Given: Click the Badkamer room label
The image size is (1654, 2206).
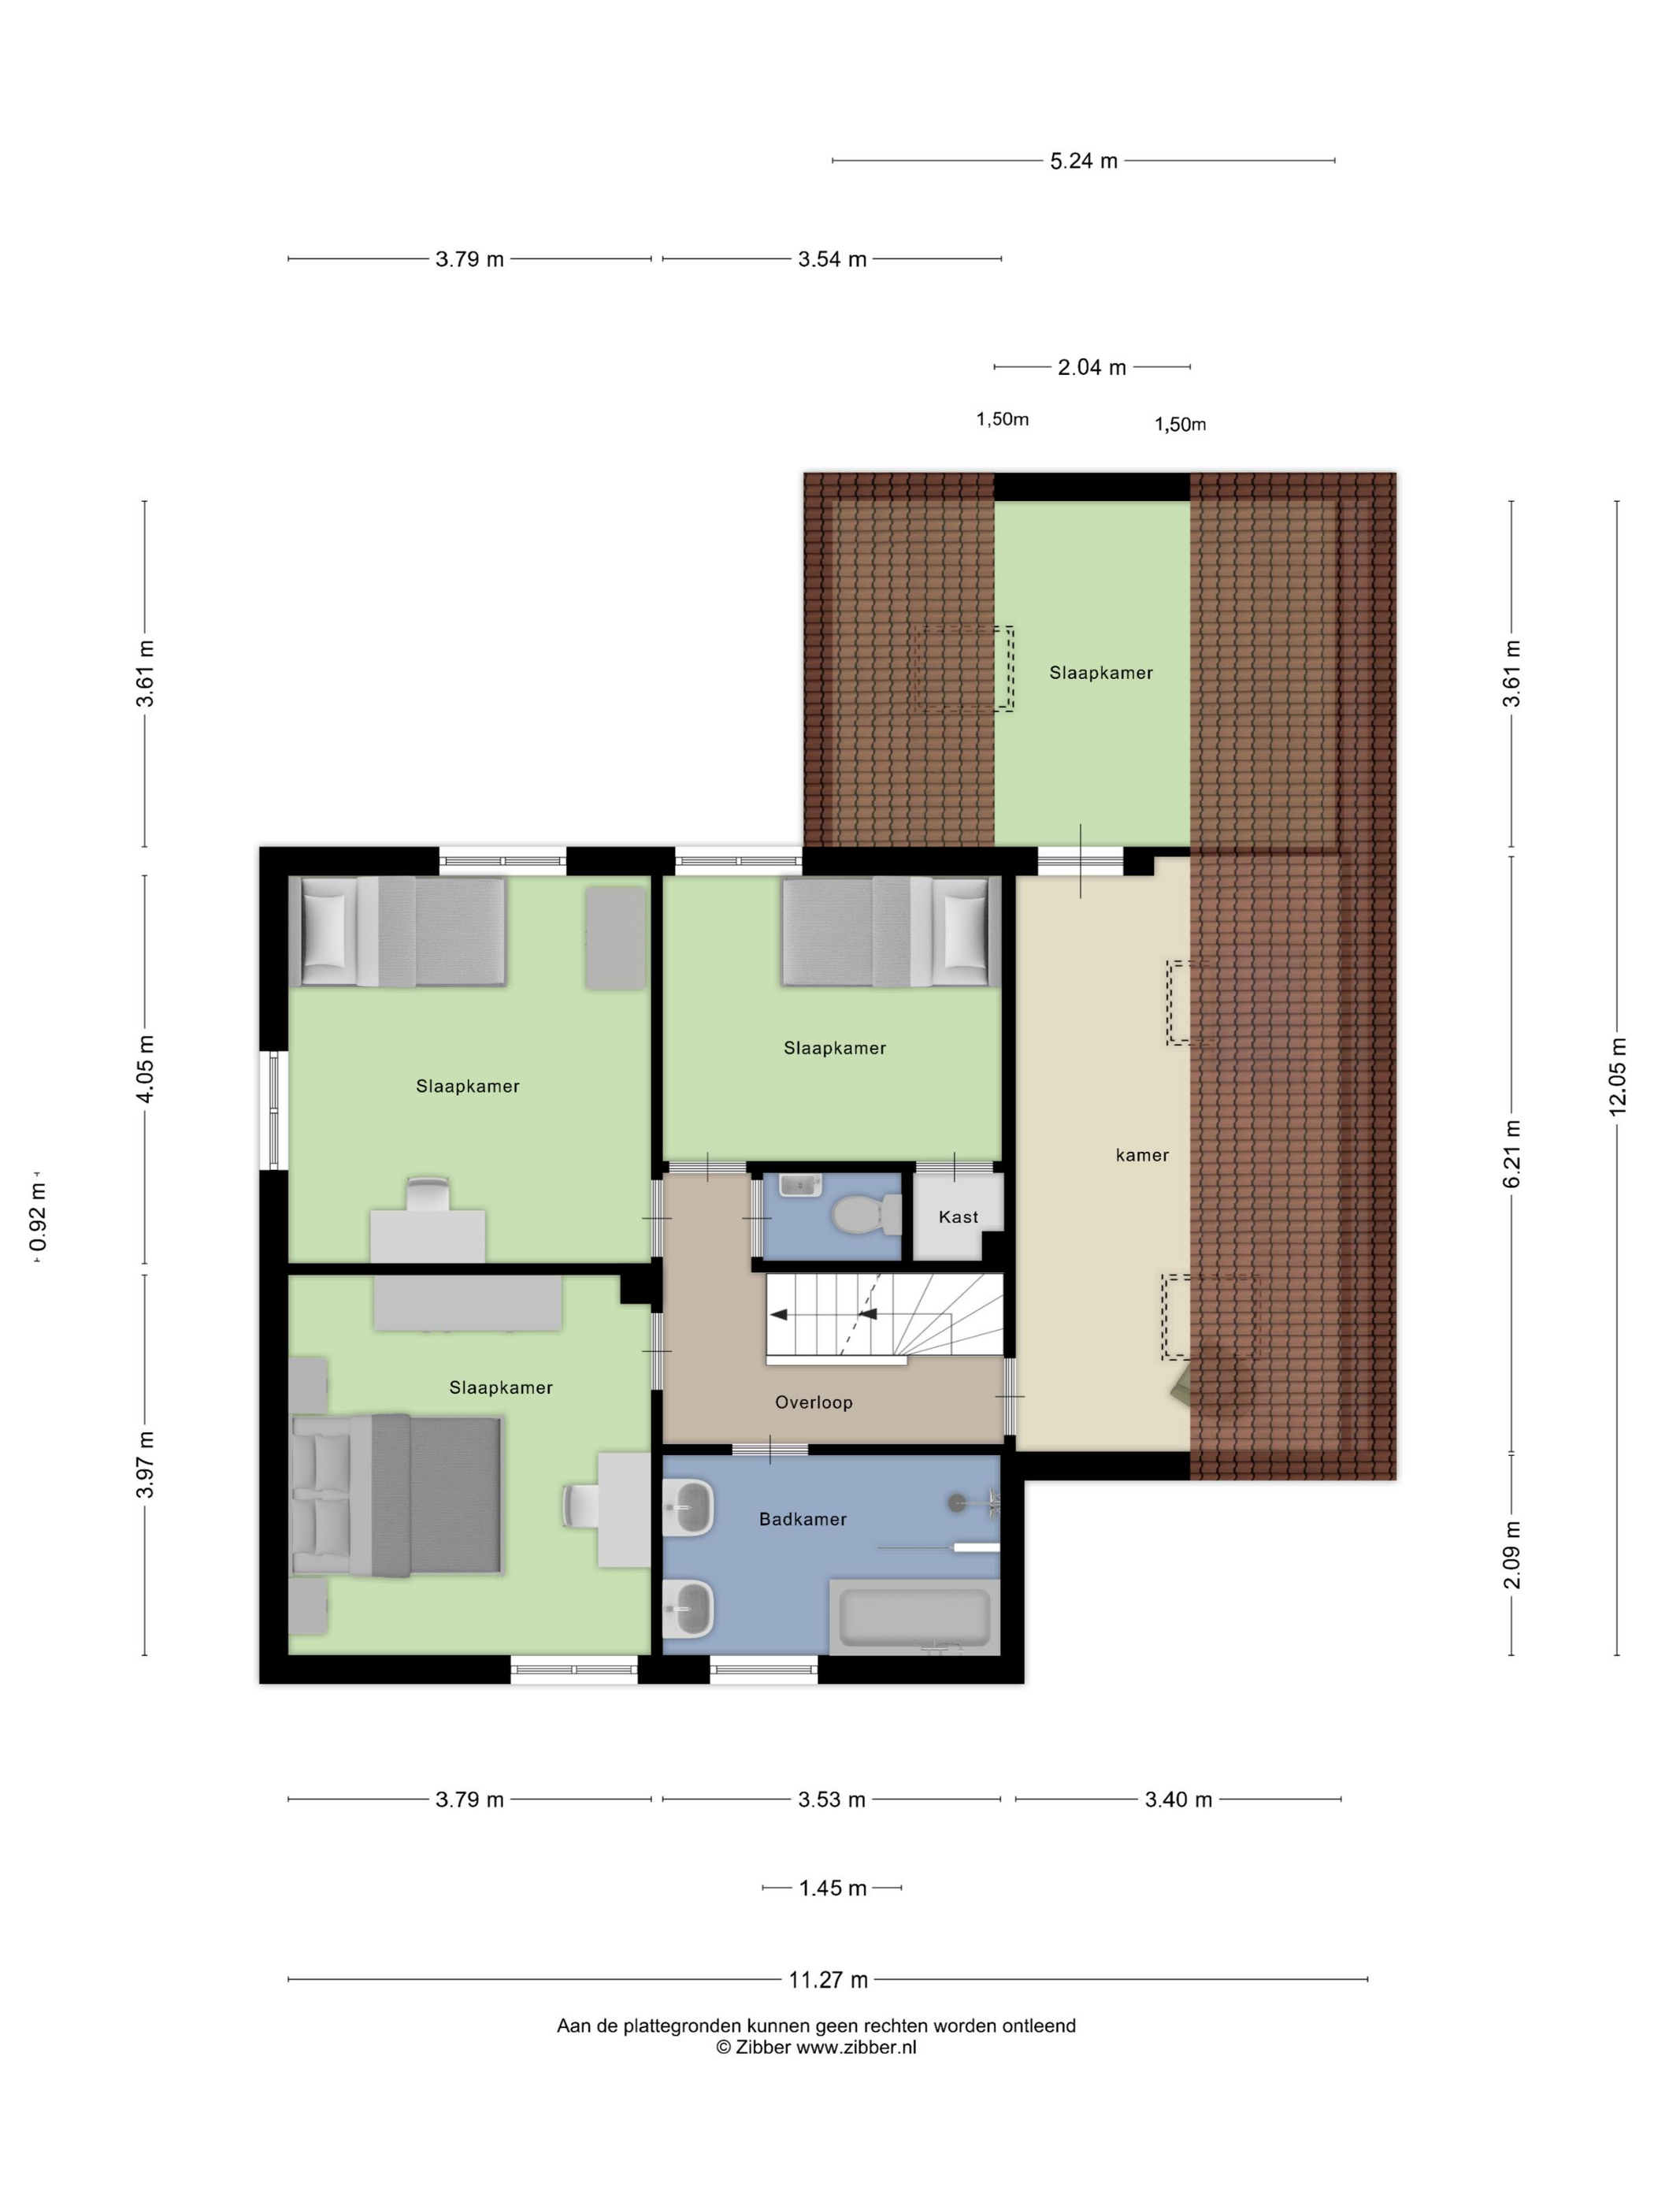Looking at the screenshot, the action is (803, 1519).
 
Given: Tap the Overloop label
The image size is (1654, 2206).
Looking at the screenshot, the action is (814, 1402).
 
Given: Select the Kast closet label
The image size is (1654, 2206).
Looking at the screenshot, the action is (958, 1216).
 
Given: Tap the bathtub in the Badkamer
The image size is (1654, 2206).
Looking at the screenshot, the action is (914, 1617).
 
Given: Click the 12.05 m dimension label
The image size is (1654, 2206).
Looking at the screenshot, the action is (1617, 1076).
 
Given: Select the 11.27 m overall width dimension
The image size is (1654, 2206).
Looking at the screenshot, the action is (828, 1980).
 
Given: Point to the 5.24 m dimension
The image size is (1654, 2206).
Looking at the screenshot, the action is (1083, 161).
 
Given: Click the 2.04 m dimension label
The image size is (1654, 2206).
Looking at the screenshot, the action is (1092, 367).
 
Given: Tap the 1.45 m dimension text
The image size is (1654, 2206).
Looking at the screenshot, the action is (833, 1888).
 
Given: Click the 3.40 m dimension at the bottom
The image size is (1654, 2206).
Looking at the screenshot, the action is (1178, 1799).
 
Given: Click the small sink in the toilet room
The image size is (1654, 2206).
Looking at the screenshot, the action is (799, 1185).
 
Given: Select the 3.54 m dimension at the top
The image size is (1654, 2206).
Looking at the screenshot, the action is (832, 259).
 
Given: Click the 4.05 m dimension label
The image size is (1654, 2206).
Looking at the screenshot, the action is (146, 1069).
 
